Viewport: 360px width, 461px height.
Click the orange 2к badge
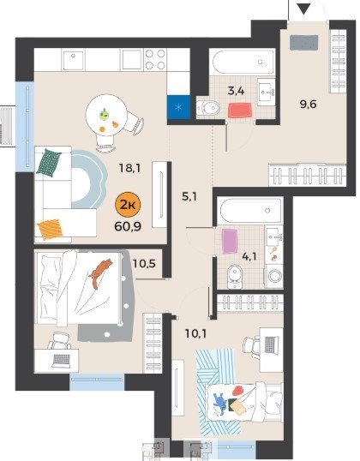[x=128, y=205]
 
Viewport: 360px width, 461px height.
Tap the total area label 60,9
[x=128, y=227]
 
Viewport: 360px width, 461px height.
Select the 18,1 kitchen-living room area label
[x=129, y=169]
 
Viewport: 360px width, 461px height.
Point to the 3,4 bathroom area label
[x=237, y=91]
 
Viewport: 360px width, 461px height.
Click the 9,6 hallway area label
[x=309, y=104]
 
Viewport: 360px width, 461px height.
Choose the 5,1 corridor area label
[x=189, y=196]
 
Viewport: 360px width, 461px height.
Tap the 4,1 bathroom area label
[x=249, y=257]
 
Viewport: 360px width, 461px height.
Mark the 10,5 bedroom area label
[x=144, y=263]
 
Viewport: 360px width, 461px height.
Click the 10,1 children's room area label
[x=195, y=333]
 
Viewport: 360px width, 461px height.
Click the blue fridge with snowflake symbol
[x=178, y=107]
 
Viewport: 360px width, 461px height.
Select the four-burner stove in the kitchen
[x=155, y=59]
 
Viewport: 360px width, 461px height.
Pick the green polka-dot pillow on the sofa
[x=49, y=163]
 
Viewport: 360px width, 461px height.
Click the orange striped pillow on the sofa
[x=51, y=230]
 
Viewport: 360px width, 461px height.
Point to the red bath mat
[x=240, y=111]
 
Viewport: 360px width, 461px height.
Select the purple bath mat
[x=230, y=241]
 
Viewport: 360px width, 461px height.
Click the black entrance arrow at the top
[x=303, y=9]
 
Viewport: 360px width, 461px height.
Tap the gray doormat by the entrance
[x=303, y=43]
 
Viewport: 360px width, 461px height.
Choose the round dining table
[x=106, y=115]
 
